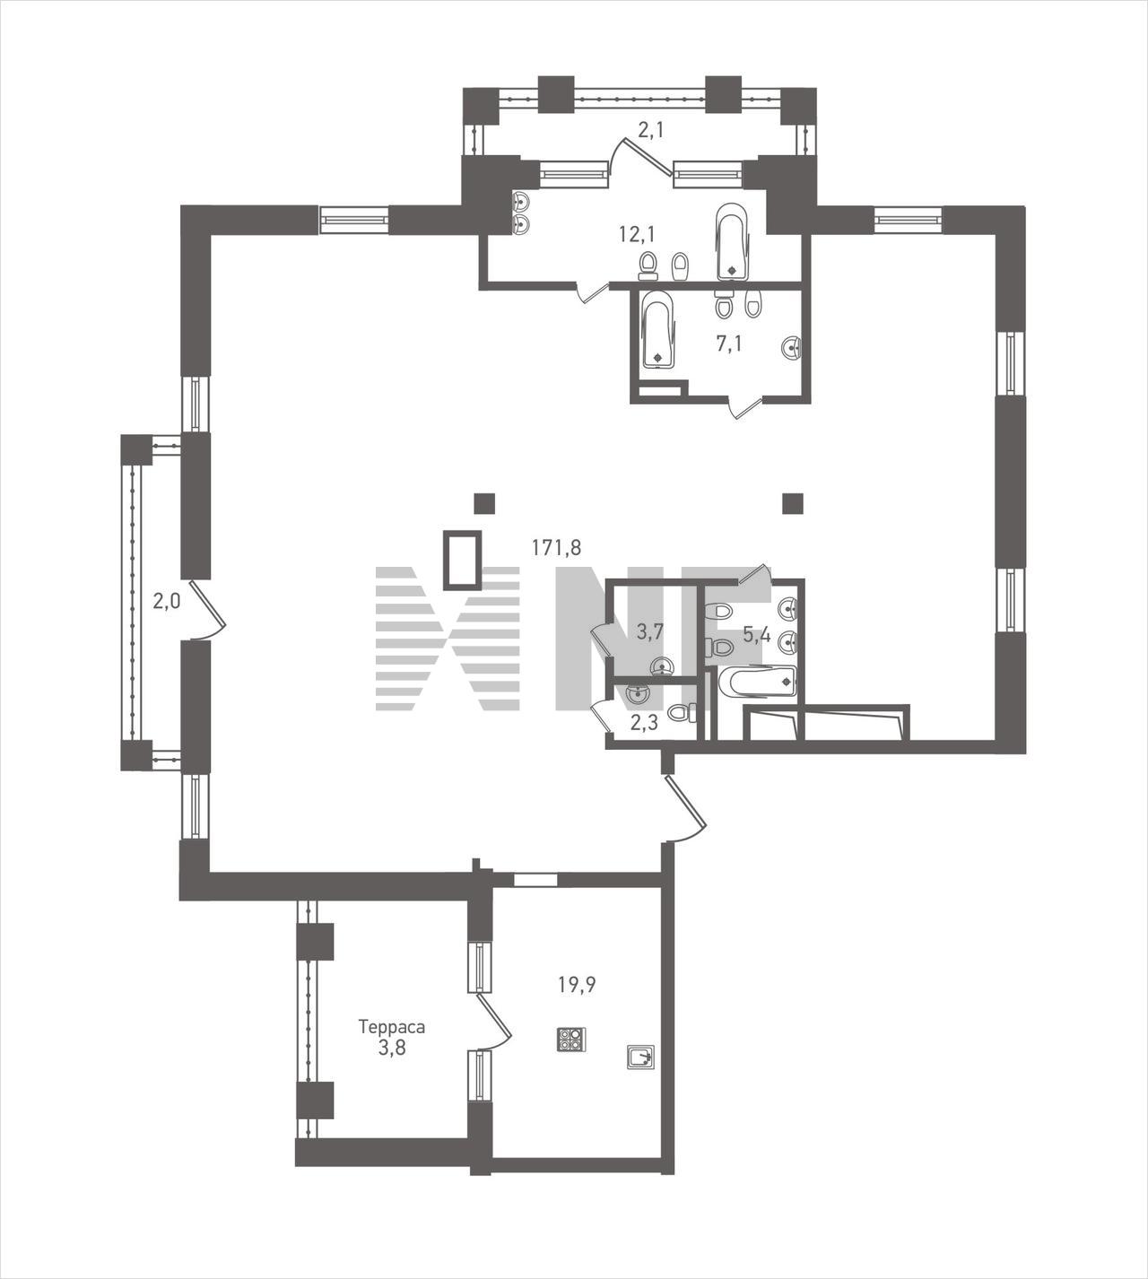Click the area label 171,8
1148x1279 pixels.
click(556, 547)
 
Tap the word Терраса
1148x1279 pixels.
click(392, 1026)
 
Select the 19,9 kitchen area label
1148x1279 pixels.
click(578, 984)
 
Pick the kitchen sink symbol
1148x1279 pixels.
click(641, 1057)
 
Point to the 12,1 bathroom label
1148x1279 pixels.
click(637, 235)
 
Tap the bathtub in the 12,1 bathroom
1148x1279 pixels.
click(733, 242)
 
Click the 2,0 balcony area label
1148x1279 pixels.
click(167, 600)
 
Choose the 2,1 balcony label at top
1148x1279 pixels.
click(651, 130)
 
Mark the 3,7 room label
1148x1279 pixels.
click(649, 632)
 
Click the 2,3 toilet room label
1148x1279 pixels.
click(644, 722)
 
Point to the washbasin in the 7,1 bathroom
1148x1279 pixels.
click(792, 348)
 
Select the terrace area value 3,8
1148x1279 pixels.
click(392, 1048)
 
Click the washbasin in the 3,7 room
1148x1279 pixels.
click(662, 666)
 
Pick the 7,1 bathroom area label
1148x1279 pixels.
click(728, 344)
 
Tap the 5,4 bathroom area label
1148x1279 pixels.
click(756, 635)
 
